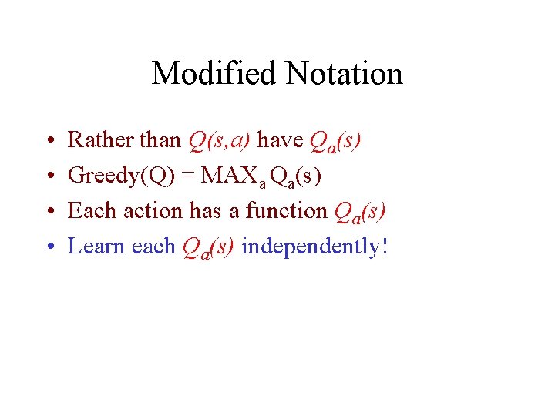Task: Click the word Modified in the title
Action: tap(214, 74)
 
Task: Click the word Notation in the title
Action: tap(344, 74)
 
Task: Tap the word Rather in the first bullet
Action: tap(93, 140)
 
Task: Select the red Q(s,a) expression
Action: tap(219, 141)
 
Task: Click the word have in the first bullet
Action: tap(279, 140)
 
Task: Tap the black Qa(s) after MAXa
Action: tap(296, 176)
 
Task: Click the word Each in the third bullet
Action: tap(89, 210)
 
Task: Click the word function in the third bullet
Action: tap(286, 210)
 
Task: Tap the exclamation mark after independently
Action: tap(384, 246)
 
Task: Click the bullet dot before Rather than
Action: tap(49, 142)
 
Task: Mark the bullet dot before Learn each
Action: tap(49, 247)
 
